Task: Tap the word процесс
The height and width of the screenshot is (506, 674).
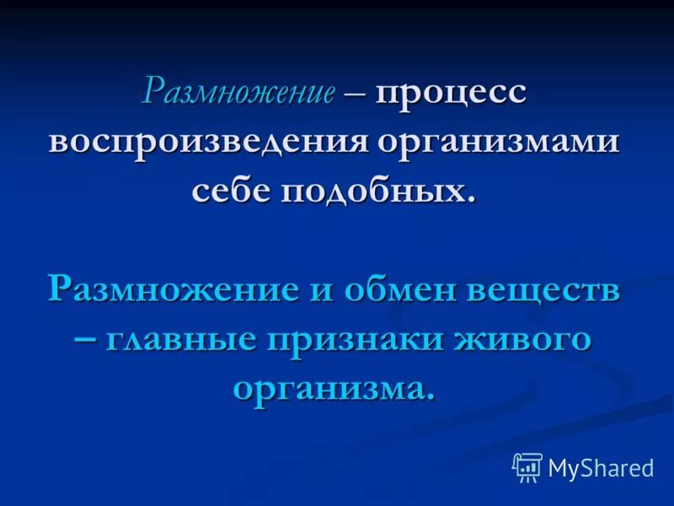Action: click(x=451, y=91)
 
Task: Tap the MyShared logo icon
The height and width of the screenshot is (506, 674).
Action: click(x=527, y=467)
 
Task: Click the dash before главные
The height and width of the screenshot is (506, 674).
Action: click(x=87, y=341)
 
